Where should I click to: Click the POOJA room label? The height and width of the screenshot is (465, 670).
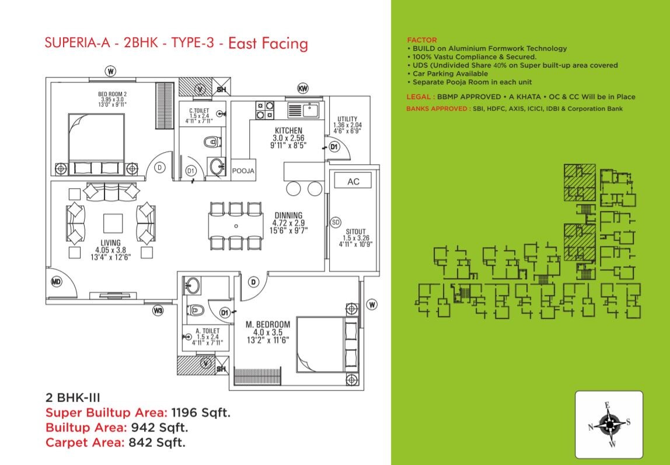click(x=243, y=171)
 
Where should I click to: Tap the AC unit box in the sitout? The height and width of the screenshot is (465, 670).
click(x=353, y=181)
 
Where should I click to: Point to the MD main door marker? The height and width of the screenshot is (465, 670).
click(x=57, y=282)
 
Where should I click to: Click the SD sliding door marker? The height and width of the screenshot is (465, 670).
click(x=335, y=222)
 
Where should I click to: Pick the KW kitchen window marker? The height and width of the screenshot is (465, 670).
click(x=302, y=89)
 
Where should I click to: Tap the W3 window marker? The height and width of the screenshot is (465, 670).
click(x=158, y=311)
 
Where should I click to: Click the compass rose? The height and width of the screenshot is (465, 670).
click(x=609, y=425)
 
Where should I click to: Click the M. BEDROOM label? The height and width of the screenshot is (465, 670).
click(x=268, y=325)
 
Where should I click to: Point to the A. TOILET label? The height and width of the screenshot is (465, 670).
click(x=208, y=330)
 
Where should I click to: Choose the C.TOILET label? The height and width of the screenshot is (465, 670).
click(x=200, y=110)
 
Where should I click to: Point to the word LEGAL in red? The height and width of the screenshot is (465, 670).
click(x=418, y=97)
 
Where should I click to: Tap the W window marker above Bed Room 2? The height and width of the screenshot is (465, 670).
click(x=110, y=71)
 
